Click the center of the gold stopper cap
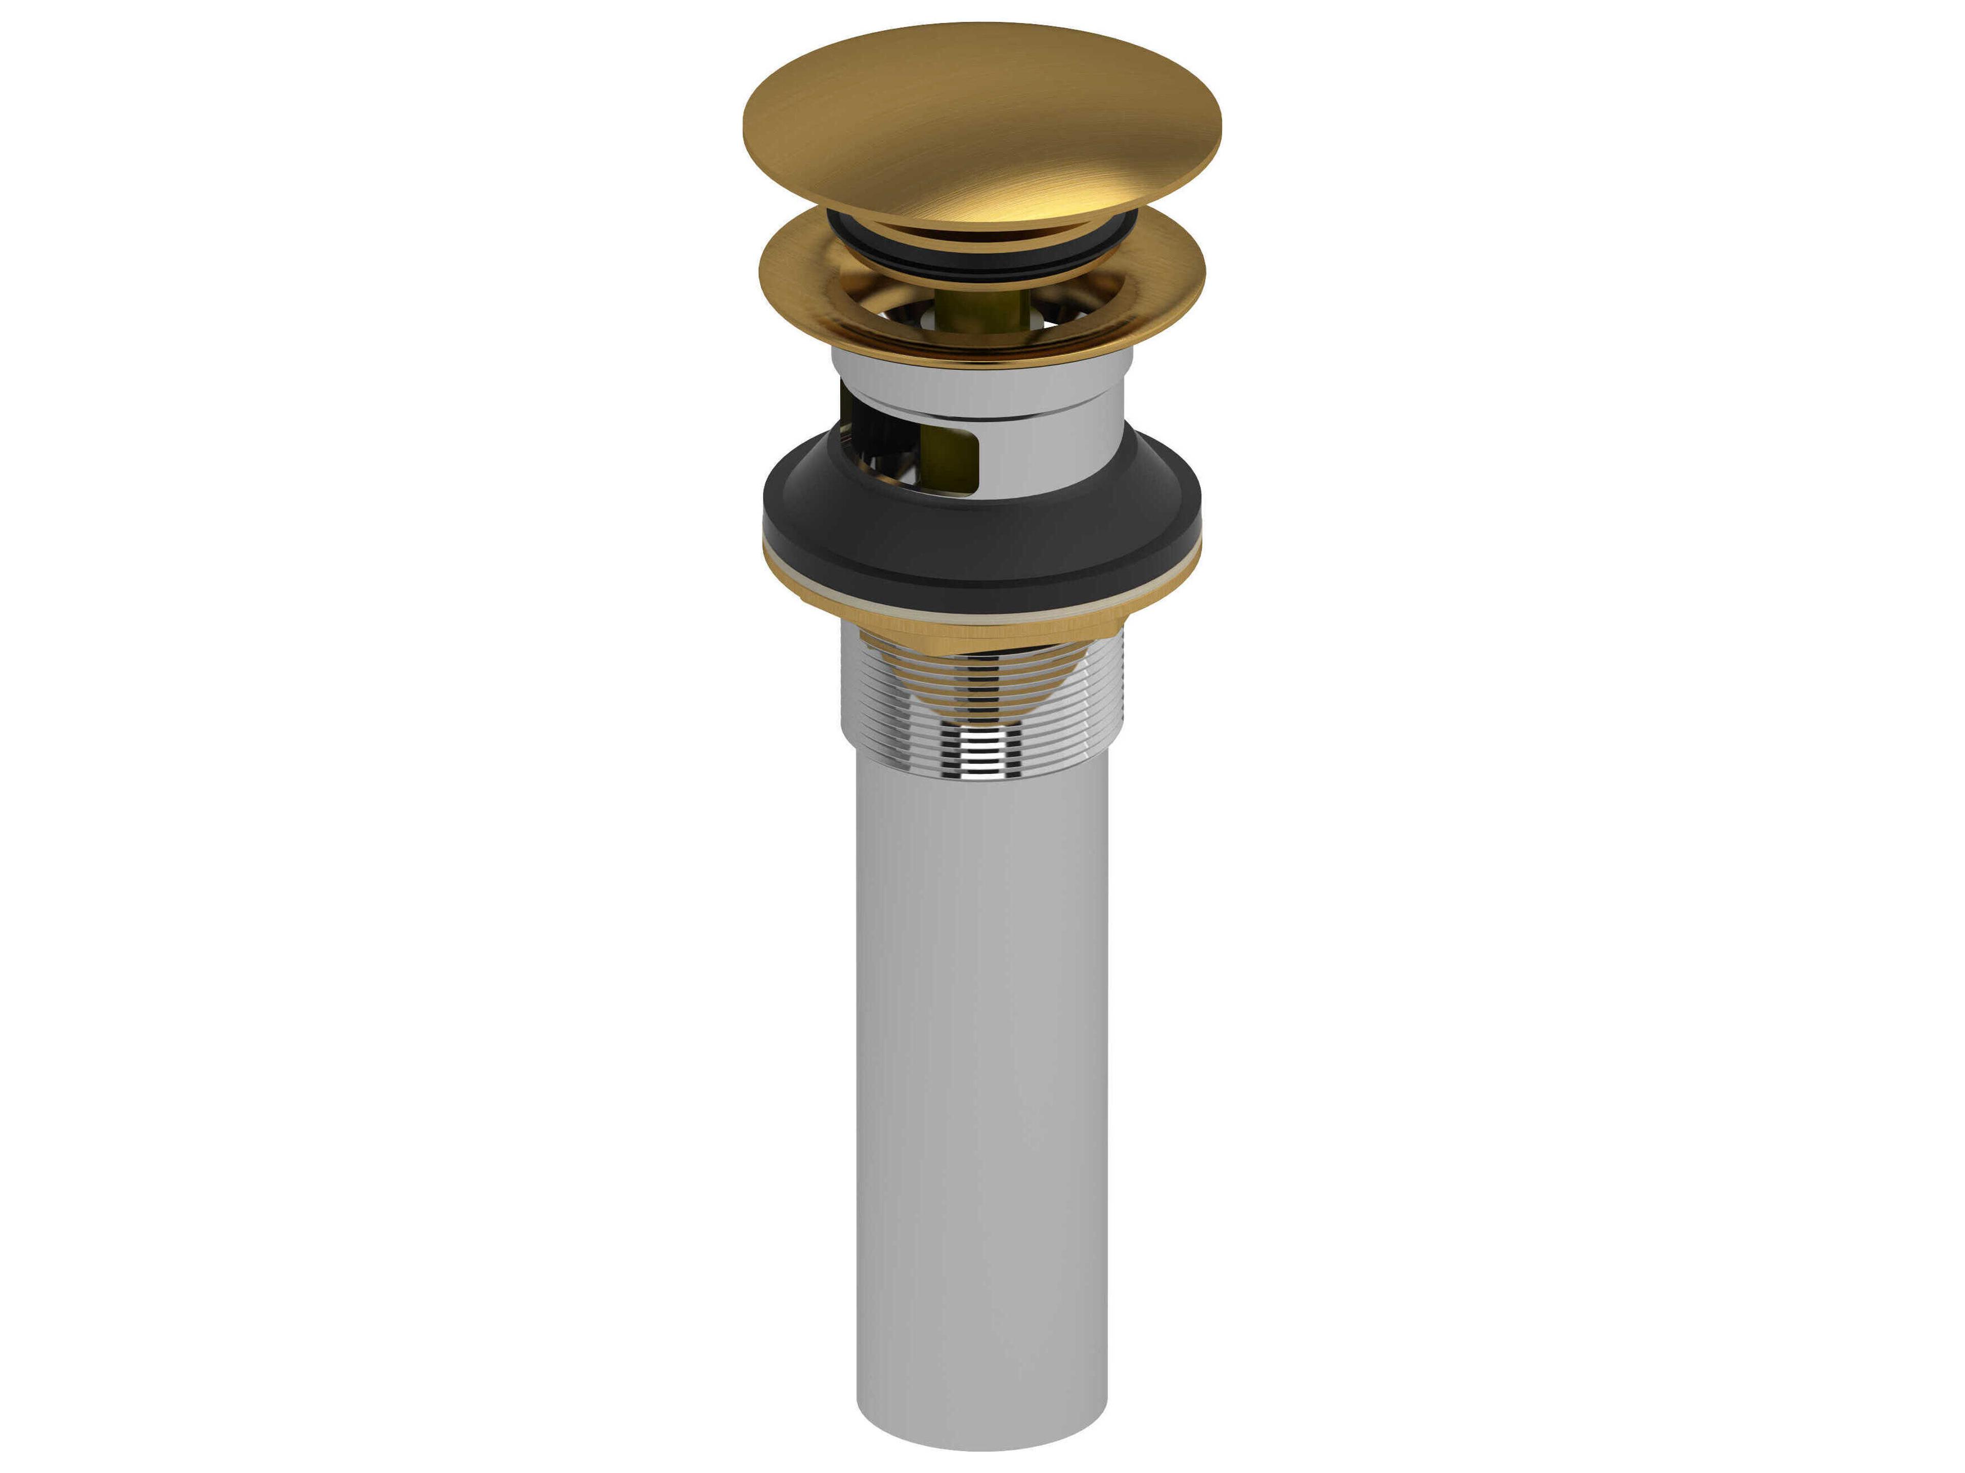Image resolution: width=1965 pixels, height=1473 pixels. [981, 124]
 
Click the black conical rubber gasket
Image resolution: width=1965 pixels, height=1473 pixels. [981, 550]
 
